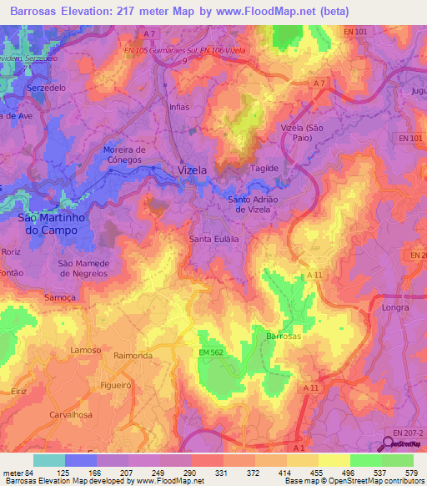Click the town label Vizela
point(193,170)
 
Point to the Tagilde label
point(264,168)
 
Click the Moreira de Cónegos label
point(123,154)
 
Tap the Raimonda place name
point(133,355)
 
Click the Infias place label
point(179,108)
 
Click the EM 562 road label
point(213,353)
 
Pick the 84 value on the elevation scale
point(32,473)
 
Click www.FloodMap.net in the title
point(264,11)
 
